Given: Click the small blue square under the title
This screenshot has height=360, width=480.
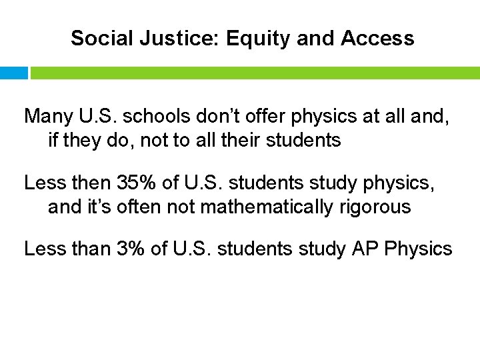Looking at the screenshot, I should (x=14, y=73).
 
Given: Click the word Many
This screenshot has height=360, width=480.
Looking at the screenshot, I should (x=47, y=116).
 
